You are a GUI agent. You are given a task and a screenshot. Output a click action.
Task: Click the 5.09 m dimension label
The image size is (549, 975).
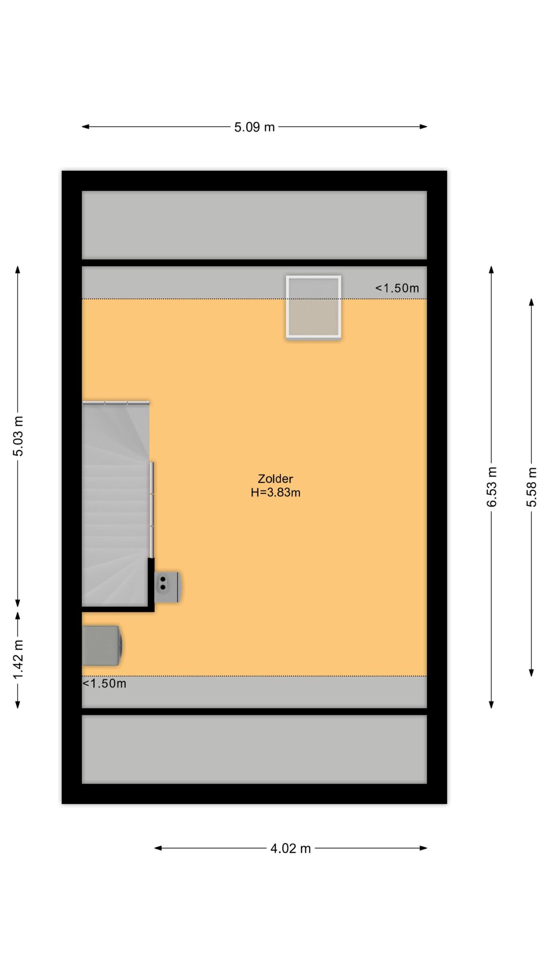click(254, 127)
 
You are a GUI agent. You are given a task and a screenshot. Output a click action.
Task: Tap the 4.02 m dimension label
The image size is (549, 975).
click(291, 848)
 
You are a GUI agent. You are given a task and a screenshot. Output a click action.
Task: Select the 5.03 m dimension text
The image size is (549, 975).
click(18, 436)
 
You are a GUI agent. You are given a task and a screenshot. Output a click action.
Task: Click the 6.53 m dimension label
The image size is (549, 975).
click(492, 487)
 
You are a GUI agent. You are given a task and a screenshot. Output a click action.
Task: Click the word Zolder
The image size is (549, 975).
click(275, 479)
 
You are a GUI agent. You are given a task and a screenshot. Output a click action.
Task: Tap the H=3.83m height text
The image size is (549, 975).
click(275, 492)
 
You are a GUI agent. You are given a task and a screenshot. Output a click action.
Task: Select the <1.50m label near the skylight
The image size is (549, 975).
click(397, 288)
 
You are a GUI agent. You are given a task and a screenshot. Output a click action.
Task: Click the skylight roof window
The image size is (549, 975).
click(313, 307)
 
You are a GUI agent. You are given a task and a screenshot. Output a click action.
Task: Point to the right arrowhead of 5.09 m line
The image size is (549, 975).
click(423, 127)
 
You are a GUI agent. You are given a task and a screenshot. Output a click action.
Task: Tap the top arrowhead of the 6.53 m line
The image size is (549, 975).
click(491, 270)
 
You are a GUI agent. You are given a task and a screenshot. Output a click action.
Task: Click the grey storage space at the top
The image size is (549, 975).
click(254, 225)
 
